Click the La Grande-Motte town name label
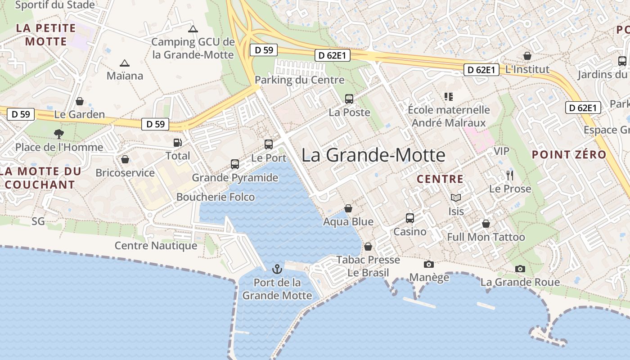click(373, 155)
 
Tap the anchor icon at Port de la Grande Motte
click(277, 269)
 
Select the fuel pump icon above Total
click(178, 143)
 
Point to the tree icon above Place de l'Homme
click(59, 134)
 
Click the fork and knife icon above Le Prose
click(510, 175)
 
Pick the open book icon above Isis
click(456, 198)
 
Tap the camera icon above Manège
click(429, 264)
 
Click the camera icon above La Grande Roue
click(520, 269)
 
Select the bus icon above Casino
click(410, 218)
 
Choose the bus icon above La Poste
click(349, 99)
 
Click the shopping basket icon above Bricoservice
click(125, 159)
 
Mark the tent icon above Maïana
click(125, 63)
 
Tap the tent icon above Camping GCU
click(193, 29)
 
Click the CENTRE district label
click(440, 179)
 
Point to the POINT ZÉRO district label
click(569, 155)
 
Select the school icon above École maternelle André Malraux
click(448, 96)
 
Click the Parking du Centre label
click(299, 80)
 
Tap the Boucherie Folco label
click(216, 197)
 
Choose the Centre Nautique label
click(156, 246)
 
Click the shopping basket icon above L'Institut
click(527, 56)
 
